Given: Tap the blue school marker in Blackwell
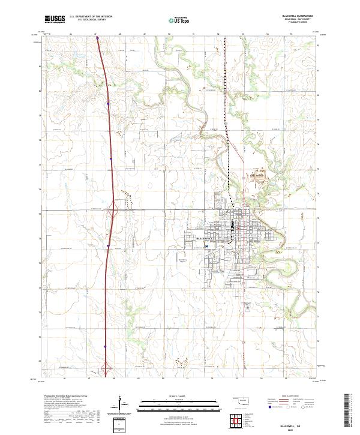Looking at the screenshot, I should pyautogui.click(x=206, y=245).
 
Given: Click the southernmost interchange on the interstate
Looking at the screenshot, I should pyautogui.click(x=106, y=368).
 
